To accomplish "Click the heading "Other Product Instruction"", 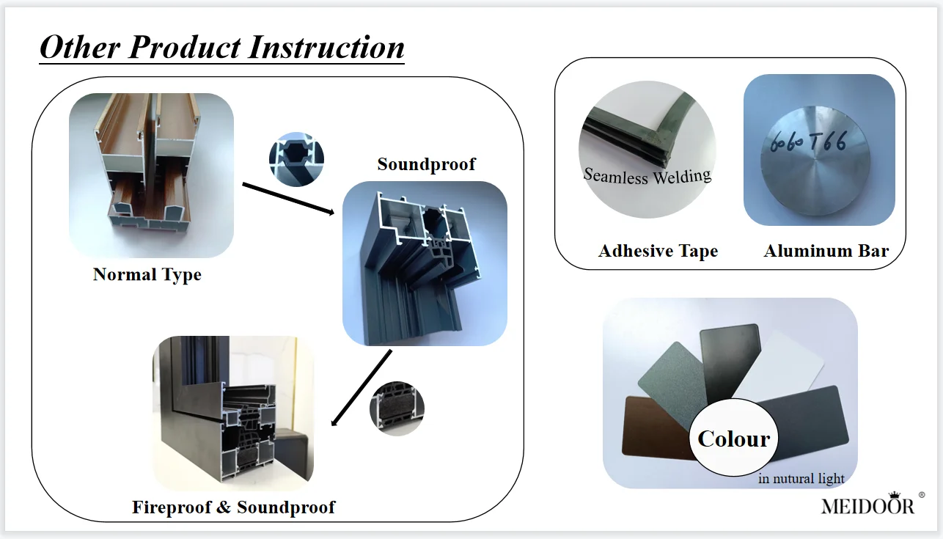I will pyautogui.click(x=221, y=48).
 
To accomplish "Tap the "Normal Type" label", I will pyautogui.click(x=147, y=275).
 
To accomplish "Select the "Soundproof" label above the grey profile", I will pyautogui.click(x=426, y=164).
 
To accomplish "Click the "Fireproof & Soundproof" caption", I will pyautogui.click(x=233, y=507).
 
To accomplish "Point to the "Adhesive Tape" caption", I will pyautogui.click(x=658, y=252).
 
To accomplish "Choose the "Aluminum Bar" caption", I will pyautogui.click(x=826, y=252).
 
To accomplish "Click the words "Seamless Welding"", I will pyautogui.click(x=647, y=176).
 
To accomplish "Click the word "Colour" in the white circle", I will pyautogui.click(x=734, y=439).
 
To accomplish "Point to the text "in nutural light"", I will pyautogui.click(x=801, y=479).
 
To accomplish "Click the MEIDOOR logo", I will pyautogui.click(x=867, y=505).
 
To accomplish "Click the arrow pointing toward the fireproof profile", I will pyautogui.click(x=361, y=388).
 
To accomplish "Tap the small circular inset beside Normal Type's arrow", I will pyautogui.click(x=296, y=158).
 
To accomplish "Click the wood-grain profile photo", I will pyautogui.click(x=151, y=175).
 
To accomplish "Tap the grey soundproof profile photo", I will pyautogui.click(x=425, y=263).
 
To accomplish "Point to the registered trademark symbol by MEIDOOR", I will pyautogui.click(x=922, y=495).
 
